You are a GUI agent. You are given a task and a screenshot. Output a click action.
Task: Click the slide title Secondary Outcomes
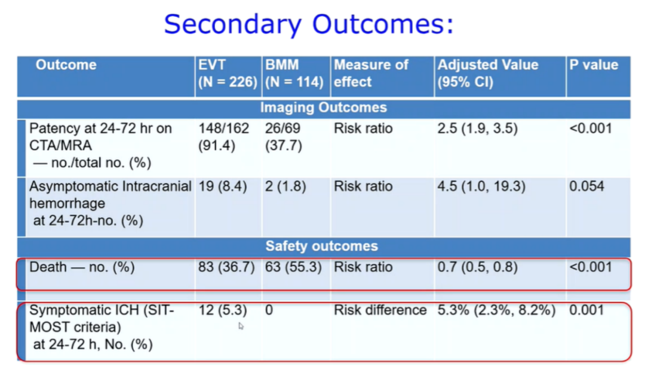pos(309,24)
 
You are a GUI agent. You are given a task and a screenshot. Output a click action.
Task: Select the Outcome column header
pos(66,65)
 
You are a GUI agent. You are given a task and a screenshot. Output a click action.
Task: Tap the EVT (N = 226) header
pos(228,74)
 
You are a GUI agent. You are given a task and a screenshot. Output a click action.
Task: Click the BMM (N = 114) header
pos(294,74)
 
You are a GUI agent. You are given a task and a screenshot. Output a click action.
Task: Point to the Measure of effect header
pos(371,74)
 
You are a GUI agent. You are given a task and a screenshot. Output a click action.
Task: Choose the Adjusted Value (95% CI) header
pos(488,74)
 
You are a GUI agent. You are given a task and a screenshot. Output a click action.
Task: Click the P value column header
pos(594,65)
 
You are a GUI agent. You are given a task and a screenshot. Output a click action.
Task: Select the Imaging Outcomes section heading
pos(324,108)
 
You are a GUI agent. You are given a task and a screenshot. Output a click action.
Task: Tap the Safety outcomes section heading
pos(322,246)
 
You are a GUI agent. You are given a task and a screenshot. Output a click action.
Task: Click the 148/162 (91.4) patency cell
pos(224,137)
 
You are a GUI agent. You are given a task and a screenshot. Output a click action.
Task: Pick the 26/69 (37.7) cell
pos(284,137)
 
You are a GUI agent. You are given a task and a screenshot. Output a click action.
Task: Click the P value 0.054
pos(586,186)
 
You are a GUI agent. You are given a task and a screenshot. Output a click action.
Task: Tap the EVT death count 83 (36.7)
pos(226,267)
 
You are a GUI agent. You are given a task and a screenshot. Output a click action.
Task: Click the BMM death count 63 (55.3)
pos(293,267)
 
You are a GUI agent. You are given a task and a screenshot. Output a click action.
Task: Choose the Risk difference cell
pos(380,310)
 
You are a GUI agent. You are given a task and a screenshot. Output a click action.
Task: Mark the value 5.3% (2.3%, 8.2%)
pos(496,310)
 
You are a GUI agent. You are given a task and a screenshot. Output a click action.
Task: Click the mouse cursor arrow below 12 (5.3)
pos(241,326)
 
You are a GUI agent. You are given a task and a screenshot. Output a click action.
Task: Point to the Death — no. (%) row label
pos(82,267)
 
